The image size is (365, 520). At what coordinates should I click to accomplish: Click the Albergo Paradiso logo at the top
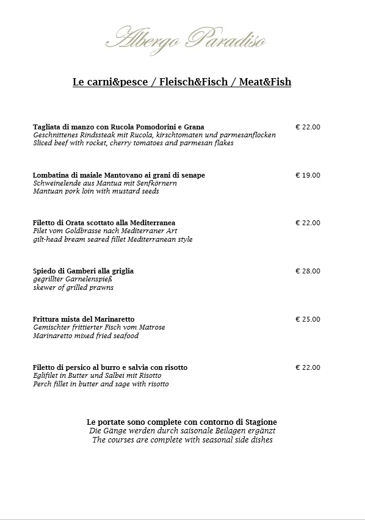[186, 38]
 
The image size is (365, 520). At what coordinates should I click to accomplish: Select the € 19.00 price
[308, 175]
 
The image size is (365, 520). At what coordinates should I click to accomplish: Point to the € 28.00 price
[308, 271]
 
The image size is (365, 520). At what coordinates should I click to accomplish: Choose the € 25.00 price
[308, 319]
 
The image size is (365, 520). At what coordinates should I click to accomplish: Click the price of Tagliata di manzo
[308, 127]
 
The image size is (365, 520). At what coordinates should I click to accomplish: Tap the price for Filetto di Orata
[308, 223]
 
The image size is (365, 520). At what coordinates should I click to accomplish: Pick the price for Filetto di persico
[308, 367]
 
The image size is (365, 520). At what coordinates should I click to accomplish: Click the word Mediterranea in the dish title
[151, 223]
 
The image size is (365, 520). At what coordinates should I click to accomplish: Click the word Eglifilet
[46, 376]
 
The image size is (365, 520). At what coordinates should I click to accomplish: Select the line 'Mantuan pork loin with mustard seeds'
[96, 191]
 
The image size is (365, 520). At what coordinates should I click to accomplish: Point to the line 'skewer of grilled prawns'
[73, 287]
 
